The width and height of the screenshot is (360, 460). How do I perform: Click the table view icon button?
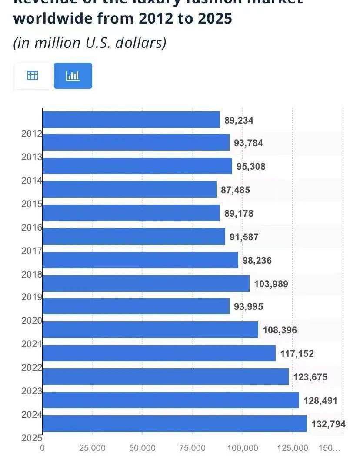(33, 76)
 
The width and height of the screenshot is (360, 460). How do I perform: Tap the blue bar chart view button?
(73, 76)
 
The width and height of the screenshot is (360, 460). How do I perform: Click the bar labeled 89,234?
(131, 120)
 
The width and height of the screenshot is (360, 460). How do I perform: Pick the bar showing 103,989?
(146, 283)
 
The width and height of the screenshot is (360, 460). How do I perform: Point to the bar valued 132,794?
(174, 423)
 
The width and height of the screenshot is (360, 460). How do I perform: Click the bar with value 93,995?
(136, 306)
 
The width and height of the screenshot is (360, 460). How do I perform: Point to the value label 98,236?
(257, 260)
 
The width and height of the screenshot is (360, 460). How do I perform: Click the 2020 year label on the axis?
(32, 321)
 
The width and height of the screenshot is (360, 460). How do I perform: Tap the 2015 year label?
(32, 204)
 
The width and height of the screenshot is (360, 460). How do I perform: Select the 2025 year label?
(32, 438)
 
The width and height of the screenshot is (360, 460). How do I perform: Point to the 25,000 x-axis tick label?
(92, 448)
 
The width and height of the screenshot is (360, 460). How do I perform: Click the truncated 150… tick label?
(330, 448)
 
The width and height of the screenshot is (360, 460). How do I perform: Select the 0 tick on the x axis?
(42, 448)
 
